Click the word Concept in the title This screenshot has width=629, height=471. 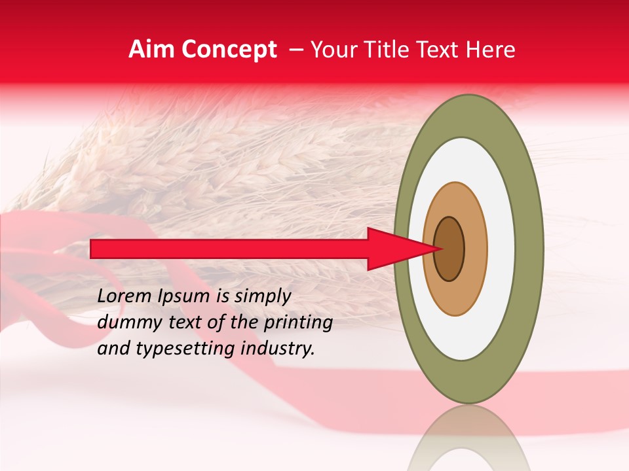229,50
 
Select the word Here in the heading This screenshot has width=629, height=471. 491,50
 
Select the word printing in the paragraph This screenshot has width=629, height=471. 297,323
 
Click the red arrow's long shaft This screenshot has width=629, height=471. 229,249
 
